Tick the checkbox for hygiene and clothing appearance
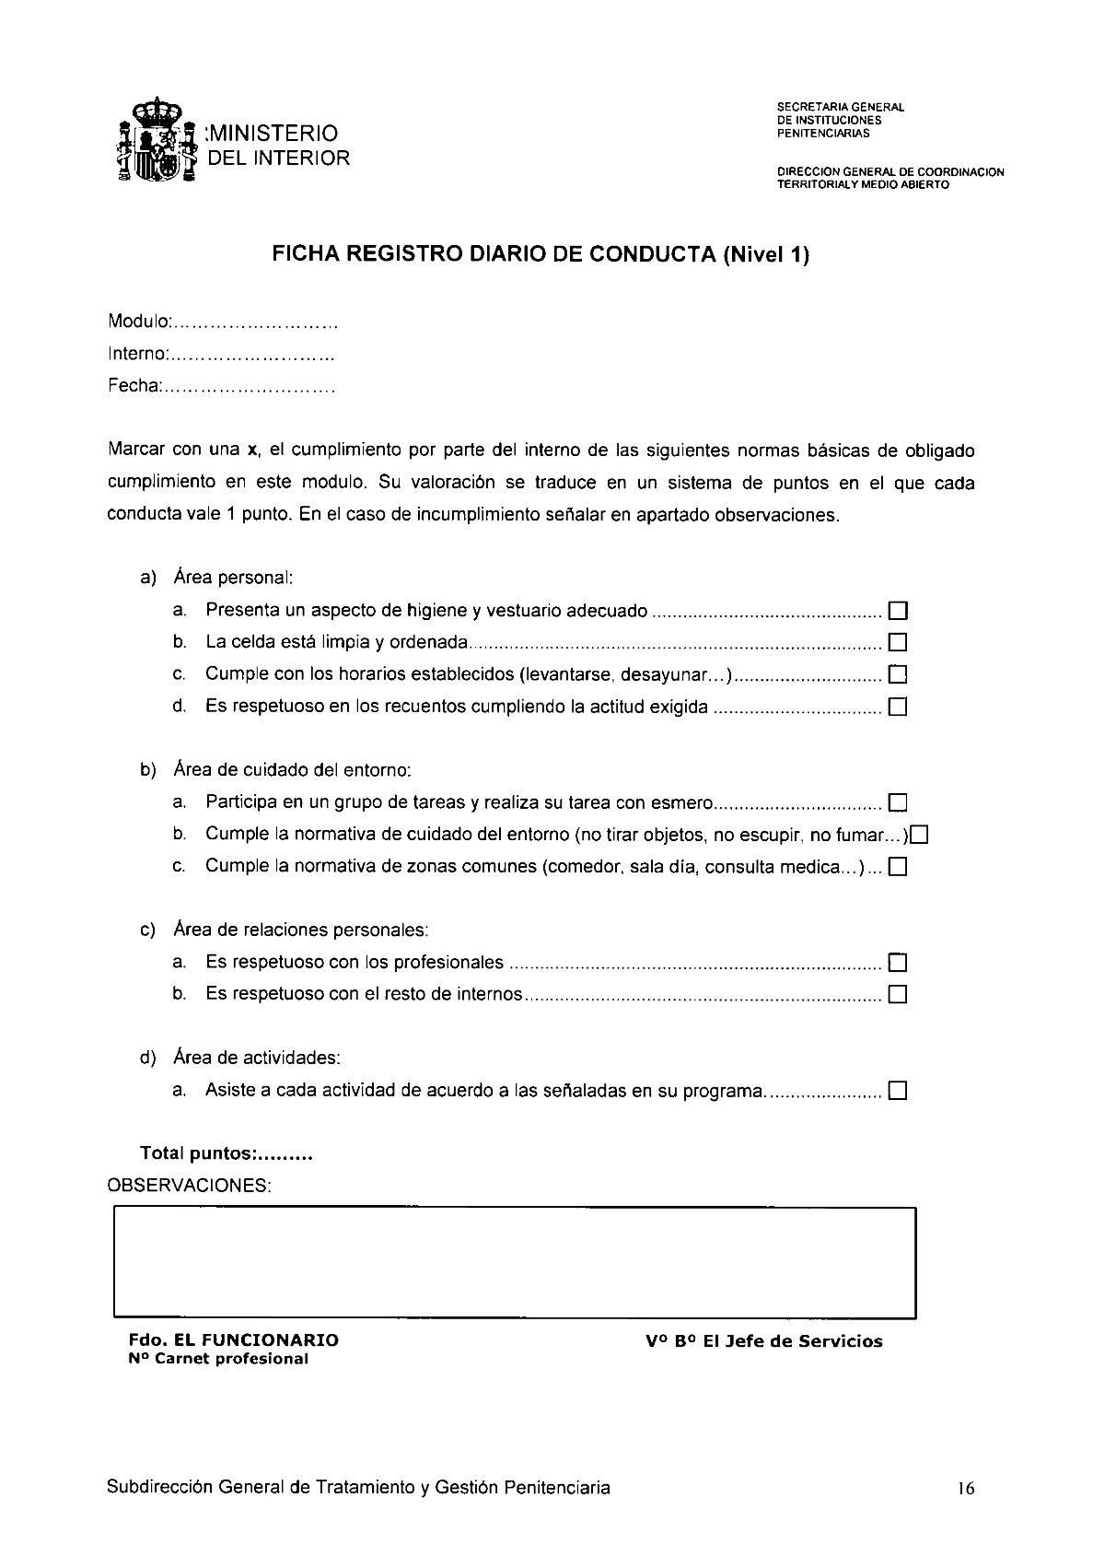pyautogui.click(x=898, y=611)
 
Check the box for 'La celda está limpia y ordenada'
pyautogui.click(x=898, y=642)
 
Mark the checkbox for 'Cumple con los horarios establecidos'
pyautogui.click(x=898, y=674)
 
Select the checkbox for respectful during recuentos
pyautogui.click(x=898, y=708)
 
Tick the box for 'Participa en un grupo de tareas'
pyautogui.click(x=898, y=802)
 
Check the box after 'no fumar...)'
pyautogui.click(x=918, y=835)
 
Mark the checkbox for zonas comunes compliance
pyautogui.click(x=898, y=867)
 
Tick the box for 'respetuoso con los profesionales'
pyautogui.click(x=898, y=963)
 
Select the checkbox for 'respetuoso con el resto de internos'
pyautogui.click(x=898, y=995)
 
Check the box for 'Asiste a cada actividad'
pyautogui.click(x=898, y=1092)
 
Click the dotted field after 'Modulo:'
pyautogui.click(x=255, y=324)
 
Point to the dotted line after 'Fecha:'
pyautogui.click(x=249, y=388)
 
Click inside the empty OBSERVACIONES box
pyautogui.click(x=514, y=1261)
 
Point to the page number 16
pyautogui.click(x=965, y=1489)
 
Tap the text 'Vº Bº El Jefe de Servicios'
pyautogui.click(x=763, y=1341)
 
